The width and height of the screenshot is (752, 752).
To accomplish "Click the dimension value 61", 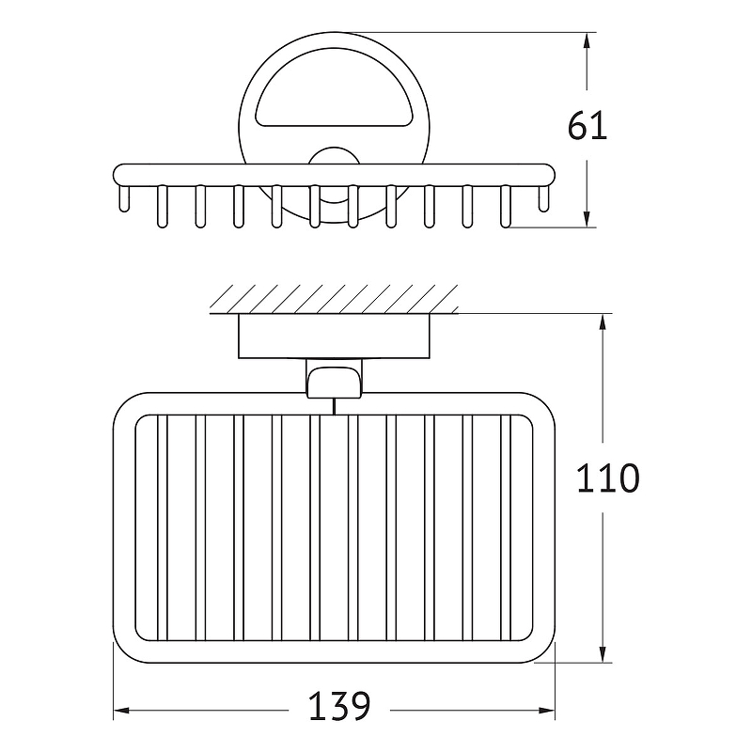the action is click(587, 126).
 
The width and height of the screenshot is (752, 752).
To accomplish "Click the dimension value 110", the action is click(607, 478).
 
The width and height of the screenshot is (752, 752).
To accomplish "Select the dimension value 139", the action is click(339, 706).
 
